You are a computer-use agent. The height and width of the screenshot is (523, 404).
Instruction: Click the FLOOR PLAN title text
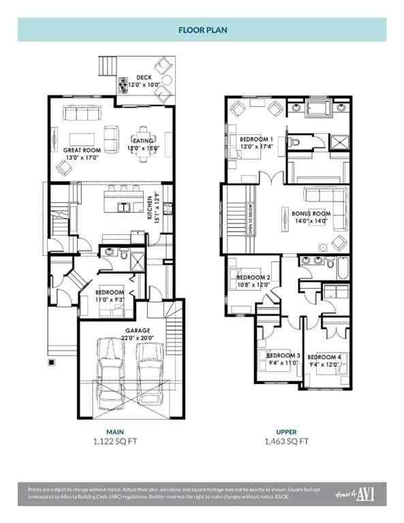202,30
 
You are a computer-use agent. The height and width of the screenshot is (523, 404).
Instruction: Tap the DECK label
143,78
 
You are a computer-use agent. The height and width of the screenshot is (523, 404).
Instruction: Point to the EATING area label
143,141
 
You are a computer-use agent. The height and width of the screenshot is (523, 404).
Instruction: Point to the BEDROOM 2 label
253,278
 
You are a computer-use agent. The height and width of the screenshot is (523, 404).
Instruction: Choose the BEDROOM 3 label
283,355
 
